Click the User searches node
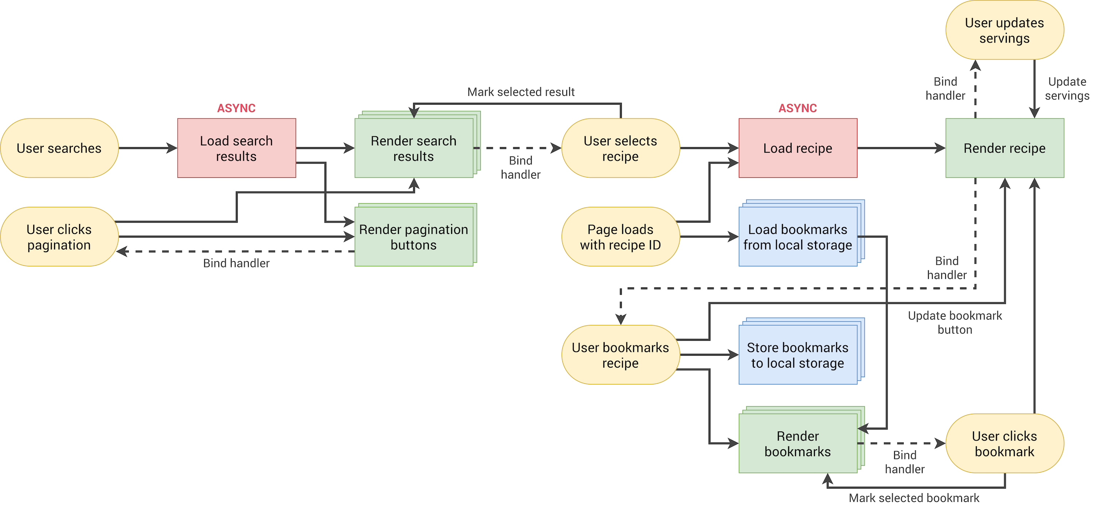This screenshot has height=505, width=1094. click(59, 148)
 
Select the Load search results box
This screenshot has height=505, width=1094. click(237, 148)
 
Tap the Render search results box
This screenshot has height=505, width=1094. click(414, 148)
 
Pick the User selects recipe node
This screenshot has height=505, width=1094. click(620, 148)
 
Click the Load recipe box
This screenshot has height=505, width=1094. click(798, 148)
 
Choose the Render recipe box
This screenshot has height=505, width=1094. click(1004, 148)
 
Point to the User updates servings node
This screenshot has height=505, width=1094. click(1004, 30)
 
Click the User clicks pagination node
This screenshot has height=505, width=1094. click(59, 237)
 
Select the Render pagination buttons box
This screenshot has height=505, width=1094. click(414, 237)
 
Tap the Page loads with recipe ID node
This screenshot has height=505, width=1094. click(620, 237)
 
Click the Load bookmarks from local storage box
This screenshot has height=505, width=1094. click(798, 237)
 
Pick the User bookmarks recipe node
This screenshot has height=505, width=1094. click(620, 355)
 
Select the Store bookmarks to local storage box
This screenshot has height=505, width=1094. click(798, 355)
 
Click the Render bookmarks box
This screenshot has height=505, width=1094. click(798, 443)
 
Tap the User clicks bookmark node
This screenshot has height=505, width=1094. click(1004, 443)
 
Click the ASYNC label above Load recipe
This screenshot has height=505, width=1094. click(798, 108)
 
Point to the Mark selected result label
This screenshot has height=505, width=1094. click(521, 92)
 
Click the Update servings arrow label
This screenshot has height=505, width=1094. click(1067, 88)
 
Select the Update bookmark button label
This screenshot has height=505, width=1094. click(955, 322)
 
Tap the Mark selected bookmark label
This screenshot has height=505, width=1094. click(914, 498)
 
